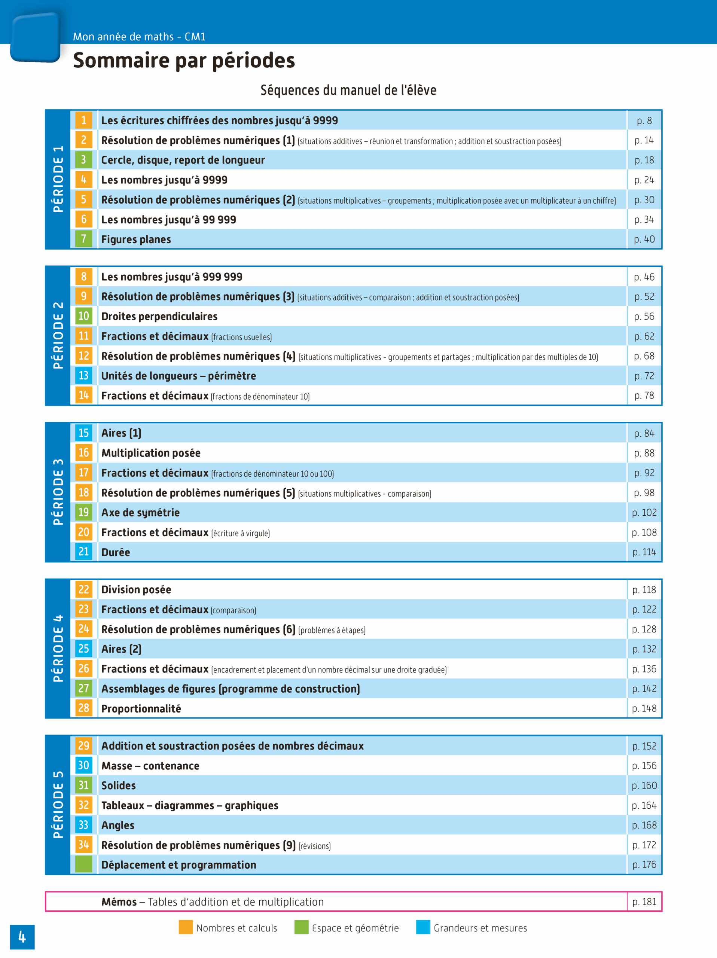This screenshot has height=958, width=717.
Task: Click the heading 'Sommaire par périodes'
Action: point(184,60)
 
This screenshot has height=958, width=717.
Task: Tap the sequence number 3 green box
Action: point(83,160)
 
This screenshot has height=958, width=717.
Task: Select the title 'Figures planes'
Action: point(136,239)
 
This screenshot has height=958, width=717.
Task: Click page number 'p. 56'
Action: point(644,317)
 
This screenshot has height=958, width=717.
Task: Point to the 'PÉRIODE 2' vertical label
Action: point(58,336)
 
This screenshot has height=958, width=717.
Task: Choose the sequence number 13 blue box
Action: point(83,375)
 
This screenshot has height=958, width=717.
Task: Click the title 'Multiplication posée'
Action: point(151,453)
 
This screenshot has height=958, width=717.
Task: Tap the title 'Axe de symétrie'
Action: point(140,513)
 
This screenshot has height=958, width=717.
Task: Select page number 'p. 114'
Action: point(644,552)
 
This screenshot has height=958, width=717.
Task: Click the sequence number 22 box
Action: point(83,589)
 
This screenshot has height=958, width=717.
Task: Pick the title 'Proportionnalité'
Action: point(141,708)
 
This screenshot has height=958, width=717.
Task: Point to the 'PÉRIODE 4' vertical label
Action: point(58,649)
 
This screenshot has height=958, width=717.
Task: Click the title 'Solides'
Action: point(118,785)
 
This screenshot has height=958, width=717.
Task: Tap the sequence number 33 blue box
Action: point(83,825)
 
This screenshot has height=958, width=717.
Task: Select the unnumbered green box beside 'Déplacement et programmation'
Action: point(83,864)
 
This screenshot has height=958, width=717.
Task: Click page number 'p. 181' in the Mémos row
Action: point(644,902)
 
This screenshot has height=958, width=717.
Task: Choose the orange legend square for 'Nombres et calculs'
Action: point(186,927)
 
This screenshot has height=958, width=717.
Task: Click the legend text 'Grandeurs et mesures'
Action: point(480,928)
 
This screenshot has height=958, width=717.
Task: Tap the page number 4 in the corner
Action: point(22,937)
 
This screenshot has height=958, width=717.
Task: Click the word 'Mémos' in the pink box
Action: point(119,902)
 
